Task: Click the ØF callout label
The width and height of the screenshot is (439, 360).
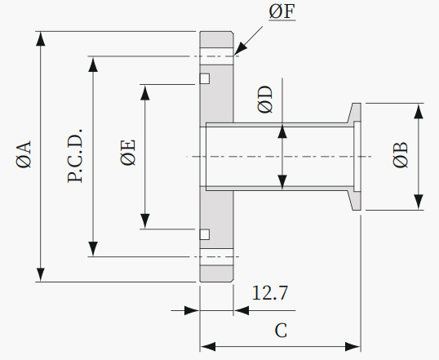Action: [x=282, y=12]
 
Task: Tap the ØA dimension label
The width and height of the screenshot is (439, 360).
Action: [x=24, y=154]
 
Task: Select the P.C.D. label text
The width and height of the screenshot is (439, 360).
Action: [x=75, y=156]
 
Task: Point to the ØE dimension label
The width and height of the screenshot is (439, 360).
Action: [x=128, y=153]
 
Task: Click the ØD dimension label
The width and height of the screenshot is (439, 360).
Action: [x=265, y=100]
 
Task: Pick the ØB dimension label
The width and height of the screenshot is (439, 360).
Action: [x=401, y=155]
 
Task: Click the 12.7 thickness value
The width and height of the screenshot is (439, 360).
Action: [x=270, y=293]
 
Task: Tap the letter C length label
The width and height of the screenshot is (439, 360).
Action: [x=281, y=331]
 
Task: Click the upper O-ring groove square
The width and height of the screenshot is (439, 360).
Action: [x=205, y=78]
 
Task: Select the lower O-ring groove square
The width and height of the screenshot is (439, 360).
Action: [x=205, y=234]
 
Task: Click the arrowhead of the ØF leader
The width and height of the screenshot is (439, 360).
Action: [x=240, y=49]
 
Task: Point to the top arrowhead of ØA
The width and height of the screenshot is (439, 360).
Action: [x=41, y=38]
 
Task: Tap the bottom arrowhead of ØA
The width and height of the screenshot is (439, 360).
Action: [x=41, y=274]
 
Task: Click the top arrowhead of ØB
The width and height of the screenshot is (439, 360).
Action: [x=419, y=111]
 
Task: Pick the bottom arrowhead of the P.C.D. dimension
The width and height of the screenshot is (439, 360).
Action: [x=93, y=249]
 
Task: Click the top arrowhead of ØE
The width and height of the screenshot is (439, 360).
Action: [x=145, y=92]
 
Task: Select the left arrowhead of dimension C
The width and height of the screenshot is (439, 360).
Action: [x=208, y=347]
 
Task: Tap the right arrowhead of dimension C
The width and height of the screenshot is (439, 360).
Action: [x=353, y=347]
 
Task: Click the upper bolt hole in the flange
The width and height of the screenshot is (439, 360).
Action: [x=217, y=56]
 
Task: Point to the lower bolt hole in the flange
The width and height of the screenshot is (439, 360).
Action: [x=217, y=256]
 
